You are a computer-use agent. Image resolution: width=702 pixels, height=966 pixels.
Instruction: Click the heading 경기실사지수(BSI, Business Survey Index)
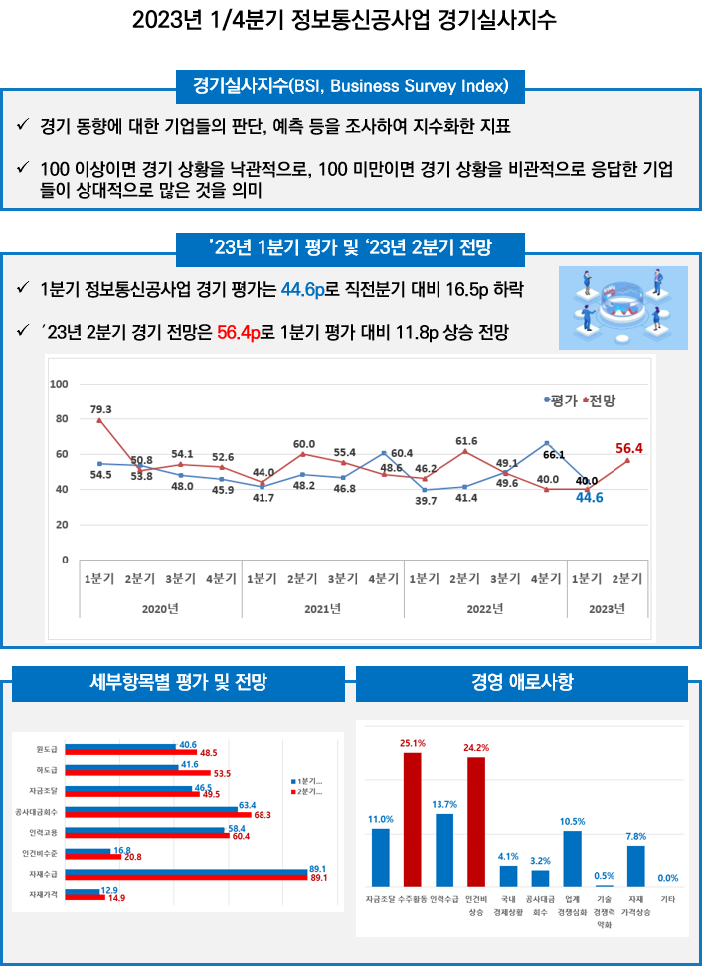pos(350,84)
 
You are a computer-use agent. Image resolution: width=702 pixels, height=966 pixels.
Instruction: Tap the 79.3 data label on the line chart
pos(100,409)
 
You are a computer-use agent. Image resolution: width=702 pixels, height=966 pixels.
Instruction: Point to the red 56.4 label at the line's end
pos(629,449)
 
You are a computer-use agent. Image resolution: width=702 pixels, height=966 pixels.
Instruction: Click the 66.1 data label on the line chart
pos(553,455)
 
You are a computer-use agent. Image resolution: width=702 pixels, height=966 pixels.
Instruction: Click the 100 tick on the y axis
pos(59,384)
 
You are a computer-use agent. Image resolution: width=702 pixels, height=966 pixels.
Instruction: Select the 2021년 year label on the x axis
pos(322,608)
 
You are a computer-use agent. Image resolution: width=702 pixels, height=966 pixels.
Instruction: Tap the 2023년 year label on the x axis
pos(607,608)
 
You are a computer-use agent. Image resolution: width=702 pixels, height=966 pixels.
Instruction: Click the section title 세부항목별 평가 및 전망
pos(178,683)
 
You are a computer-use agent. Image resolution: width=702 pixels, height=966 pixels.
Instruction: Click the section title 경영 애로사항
pos(521,683)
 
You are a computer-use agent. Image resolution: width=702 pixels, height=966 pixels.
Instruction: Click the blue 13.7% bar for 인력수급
pos(443,850)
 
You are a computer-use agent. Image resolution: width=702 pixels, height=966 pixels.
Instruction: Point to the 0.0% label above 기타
pos(667,878)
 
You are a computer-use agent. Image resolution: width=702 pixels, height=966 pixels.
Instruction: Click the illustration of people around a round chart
pos(622,307)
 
